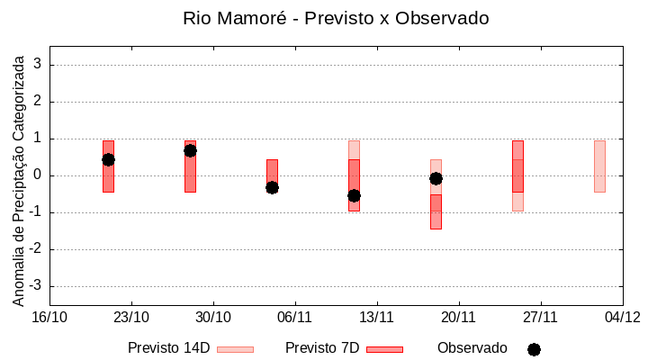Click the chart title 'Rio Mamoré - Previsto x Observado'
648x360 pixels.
pyautogui.click(x=336, y=18)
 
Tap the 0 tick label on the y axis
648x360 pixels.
pyautogui.click(x=38, y=175)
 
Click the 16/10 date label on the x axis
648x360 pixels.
pyautogui.click(x=49, y=317)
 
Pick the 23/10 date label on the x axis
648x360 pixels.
pyautogui.click(x=131, y=317)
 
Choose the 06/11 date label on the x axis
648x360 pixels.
pyautogui.click(x=294, y=317)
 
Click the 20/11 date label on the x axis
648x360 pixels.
pyautogui.click(x=458, y=317)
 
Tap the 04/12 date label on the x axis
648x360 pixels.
pyautogui.click(x=622, y=317)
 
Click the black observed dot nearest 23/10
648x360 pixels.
pyautogui.click(x=108, y=159)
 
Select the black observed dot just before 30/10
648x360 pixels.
pyautogui.click(x=190, y=150)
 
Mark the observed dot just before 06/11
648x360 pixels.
pyautogui.click(x=272, y=187)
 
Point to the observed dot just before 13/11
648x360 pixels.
pyautogui.click(x=354, y=195)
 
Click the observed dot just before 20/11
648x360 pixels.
pyautogui.click(x=436, y=178)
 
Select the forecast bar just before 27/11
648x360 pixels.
pyautogui.click(x=517, y=166)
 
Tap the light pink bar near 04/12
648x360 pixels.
pyautogui.click(x=599, y=166)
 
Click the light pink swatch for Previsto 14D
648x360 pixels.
pyautogui.click(x=235, y=349)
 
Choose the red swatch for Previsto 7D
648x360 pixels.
pyautogui.click(x=384, y=349)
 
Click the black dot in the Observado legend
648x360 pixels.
pyautogui.click(x=534, y=349)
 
